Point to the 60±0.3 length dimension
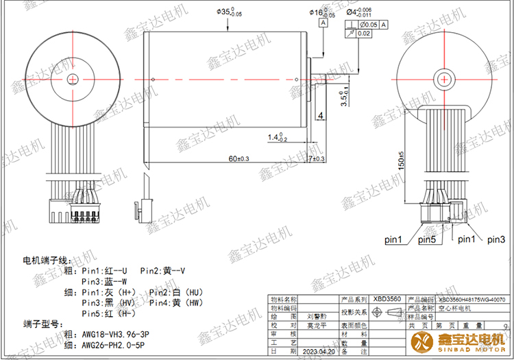point(238,158)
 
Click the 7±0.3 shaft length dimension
point(317,158)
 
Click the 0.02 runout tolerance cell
point(365,33)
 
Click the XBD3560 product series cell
point(387,300)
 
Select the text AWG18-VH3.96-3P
point(116,335)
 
